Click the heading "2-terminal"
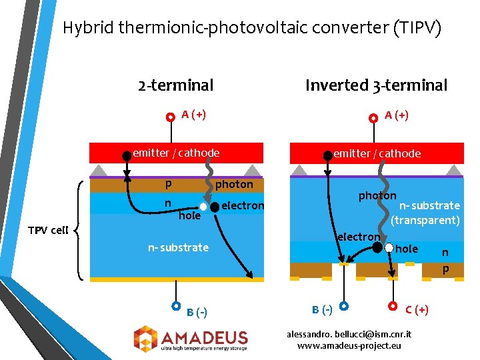tap(175, 85)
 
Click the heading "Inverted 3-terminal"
tap(376, 85)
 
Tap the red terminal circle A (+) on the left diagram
tap(171, 116)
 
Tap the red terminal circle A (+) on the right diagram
tap(373, 117)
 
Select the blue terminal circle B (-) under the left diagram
tap(176, 306)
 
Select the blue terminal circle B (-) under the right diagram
tap(343, 306)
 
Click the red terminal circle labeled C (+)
tap(393, 306)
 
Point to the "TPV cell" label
tap(47, 231)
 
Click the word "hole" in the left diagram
tap(189, 215)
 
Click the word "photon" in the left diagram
tap(234, 184)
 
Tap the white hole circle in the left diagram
tap(203, 207)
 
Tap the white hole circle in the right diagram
tap(389, 247)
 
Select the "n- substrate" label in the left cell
tap(178, 247)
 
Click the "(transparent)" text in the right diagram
tap(425, 220)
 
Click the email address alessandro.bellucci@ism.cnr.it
tap(349, 333)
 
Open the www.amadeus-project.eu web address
tap(349, 345)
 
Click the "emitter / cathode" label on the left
tap(176, 153)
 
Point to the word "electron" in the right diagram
tap(358, 237)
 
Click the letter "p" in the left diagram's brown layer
tap(168, 183)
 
